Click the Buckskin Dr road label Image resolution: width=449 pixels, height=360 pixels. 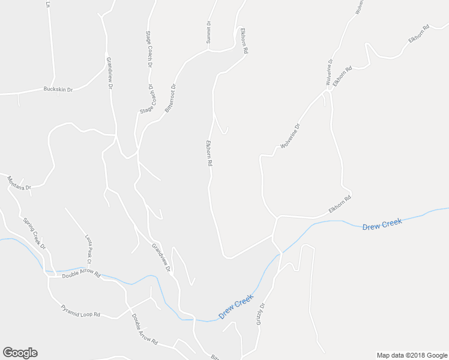click(x=58, y=89)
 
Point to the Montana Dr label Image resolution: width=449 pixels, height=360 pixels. click(x=19, y=183)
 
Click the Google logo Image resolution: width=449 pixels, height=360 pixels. click(x=20, y=353)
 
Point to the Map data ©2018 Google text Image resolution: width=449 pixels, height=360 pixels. click(x=411, y=355)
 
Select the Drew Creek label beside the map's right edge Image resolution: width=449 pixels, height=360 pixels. click(x=381, y=224)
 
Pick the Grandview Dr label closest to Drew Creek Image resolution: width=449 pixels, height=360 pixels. click(x=161, y=257)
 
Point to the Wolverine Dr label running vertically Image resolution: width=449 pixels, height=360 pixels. click(x=330, y=71)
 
